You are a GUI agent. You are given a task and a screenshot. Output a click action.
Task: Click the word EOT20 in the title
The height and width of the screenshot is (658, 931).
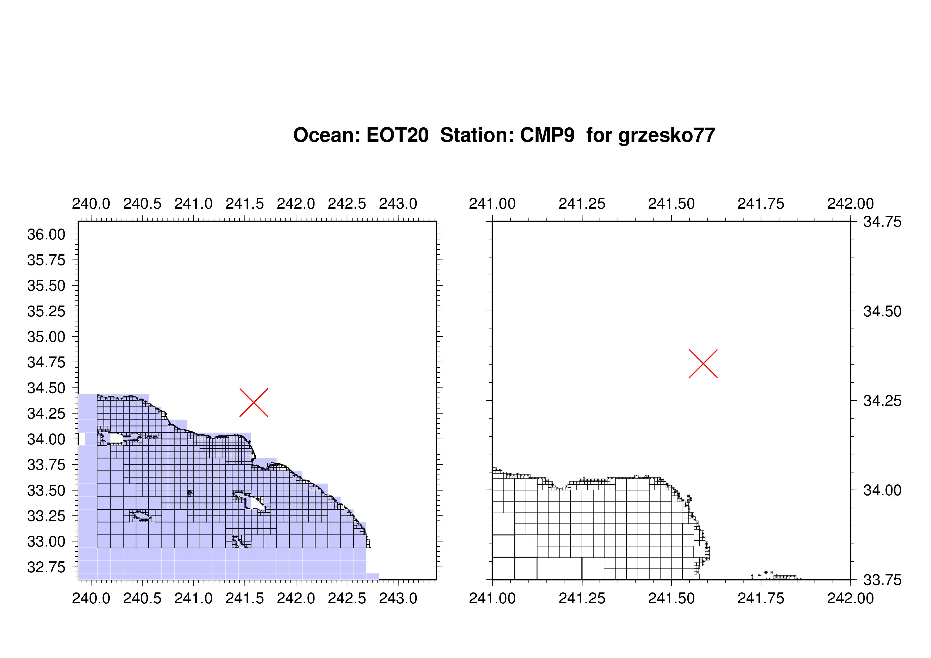tap(397, 135)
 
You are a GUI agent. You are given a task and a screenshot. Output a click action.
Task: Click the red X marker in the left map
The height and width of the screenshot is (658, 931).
tap(254, 403)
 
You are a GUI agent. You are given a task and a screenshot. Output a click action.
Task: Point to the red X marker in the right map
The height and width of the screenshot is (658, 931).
tap(704, 364)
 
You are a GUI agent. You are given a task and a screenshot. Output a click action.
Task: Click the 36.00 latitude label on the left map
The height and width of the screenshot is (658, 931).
tap(46, 234)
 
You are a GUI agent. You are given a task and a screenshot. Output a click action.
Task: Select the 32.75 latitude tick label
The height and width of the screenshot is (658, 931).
tap(46, 567)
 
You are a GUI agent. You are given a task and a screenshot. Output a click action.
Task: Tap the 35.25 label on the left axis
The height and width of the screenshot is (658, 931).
tap(46, 311)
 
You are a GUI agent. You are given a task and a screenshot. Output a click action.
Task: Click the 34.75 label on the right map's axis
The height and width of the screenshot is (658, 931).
tap(882, 222)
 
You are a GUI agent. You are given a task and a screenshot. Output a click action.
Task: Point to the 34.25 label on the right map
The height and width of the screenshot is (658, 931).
tap(882, 401)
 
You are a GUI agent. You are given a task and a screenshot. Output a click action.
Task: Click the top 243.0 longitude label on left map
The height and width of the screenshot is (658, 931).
tap(398, 204)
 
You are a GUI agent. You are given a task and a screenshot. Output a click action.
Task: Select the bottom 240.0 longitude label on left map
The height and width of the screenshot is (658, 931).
tap(91, 598)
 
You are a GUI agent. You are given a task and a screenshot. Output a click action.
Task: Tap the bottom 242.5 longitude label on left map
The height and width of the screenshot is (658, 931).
tap(347, 598)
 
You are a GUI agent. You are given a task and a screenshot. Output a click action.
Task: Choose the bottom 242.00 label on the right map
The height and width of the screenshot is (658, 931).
tap(851, 598)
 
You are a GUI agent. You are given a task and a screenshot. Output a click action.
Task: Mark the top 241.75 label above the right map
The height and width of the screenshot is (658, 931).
tap(761, 204)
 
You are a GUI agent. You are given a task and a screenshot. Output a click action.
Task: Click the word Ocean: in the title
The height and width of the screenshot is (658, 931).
tap(327, 135)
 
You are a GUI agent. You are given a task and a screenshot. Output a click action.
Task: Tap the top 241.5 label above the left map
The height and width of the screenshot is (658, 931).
tap(245, 204)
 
